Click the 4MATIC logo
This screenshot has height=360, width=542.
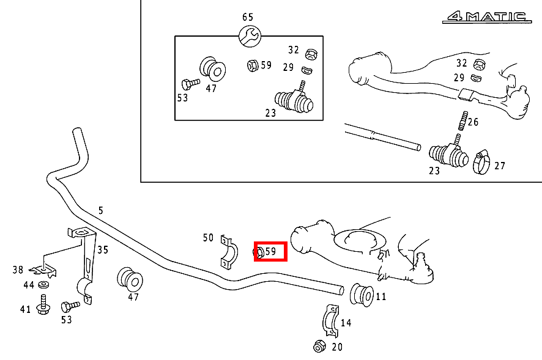tap(487, 17)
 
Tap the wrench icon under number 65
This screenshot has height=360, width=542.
tap(250, 37)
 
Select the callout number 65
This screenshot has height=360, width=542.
tap(248, 17)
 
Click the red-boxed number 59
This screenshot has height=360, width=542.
tap(270, 251)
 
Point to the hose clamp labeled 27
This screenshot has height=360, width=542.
tap(481, 162)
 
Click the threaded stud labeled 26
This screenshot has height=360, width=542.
tap(463, 120)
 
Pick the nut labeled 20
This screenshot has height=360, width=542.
tap(319, 346)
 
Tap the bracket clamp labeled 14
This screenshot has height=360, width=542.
tap(330, 321)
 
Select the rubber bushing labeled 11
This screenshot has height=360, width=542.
tap(362, 295)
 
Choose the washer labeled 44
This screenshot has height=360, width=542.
tap(43, 285)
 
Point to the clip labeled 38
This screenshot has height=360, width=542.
tap(44, 270)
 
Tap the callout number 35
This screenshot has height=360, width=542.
tap(103, 250)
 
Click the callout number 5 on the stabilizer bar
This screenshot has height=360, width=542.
tap(100, 210)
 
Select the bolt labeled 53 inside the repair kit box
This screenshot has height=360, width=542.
tap(190, 84)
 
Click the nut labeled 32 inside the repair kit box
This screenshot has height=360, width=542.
tap(311, 54)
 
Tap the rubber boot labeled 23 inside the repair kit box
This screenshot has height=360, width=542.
tap(294, 100)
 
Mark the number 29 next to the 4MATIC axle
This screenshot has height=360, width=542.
tap(459, 78)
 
